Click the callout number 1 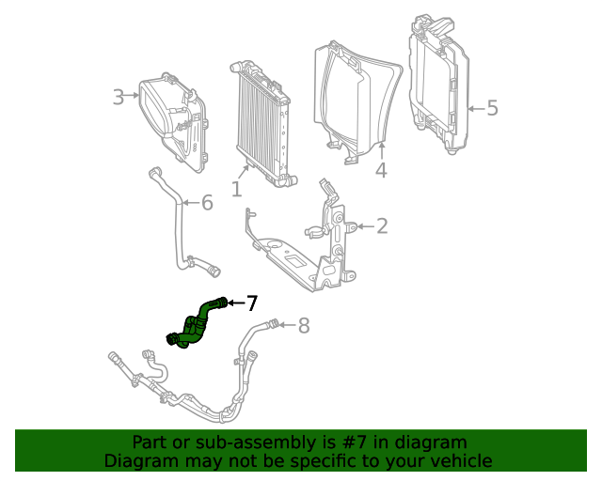click(236, 190)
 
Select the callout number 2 click(382, 225)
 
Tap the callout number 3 click(119, 97)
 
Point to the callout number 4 click(381, 170)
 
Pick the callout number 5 click(491, 108)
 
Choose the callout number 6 click(207, 202)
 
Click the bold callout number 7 click(251, 303)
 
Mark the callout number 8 click(303, 326)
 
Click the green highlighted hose click(197, 324)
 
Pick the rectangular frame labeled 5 click(437, 89)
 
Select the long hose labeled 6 click(176, 225)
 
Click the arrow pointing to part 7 click(235, 303)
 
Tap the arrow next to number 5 click(474, 108)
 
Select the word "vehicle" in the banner click(460, 460)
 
